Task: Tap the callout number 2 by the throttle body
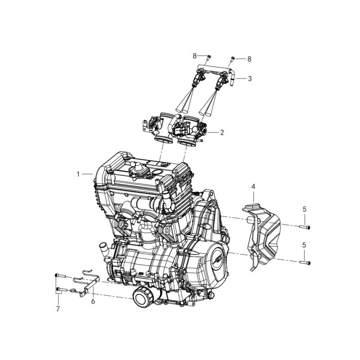coord(221,133)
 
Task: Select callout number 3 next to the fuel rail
coord(250,78)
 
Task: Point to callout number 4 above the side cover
coord(253,186)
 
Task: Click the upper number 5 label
coord(304,209)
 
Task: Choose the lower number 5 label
coord(304,245)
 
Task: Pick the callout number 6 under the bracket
coord(93,301)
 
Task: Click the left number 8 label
coord(195,56)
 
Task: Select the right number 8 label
coord(249,58)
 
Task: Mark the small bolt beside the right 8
coord(233,58)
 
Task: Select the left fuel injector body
coord(199,80)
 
